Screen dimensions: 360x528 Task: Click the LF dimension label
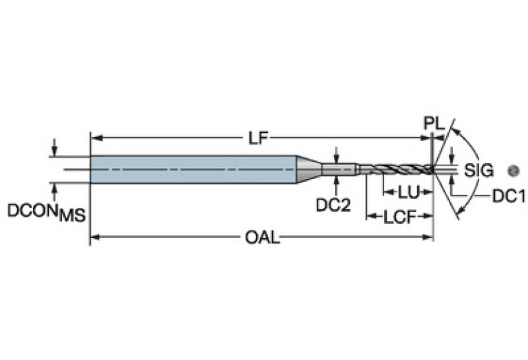pos(257,138)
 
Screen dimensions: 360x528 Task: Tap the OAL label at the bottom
pos(262,238)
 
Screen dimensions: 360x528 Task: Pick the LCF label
pos(399,218)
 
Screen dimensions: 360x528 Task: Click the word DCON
pos(32,211)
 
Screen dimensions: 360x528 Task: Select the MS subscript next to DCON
pos(72,215)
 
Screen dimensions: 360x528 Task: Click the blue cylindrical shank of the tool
pos(193,169)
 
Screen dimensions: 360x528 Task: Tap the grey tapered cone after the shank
pos(308,169)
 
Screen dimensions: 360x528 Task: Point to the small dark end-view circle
pos(511,169)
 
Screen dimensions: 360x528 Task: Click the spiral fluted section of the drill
pos(396,169)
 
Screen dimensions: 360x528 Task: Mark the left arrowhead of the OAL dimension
pos(95,238)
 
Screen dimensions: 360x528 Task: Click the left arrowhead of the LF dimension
pos(95,138)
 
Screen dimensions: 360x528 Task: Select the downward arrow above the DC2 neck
pos(336,158)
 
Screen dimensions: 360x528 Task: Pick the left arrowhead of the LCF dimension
pos(369,218)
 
